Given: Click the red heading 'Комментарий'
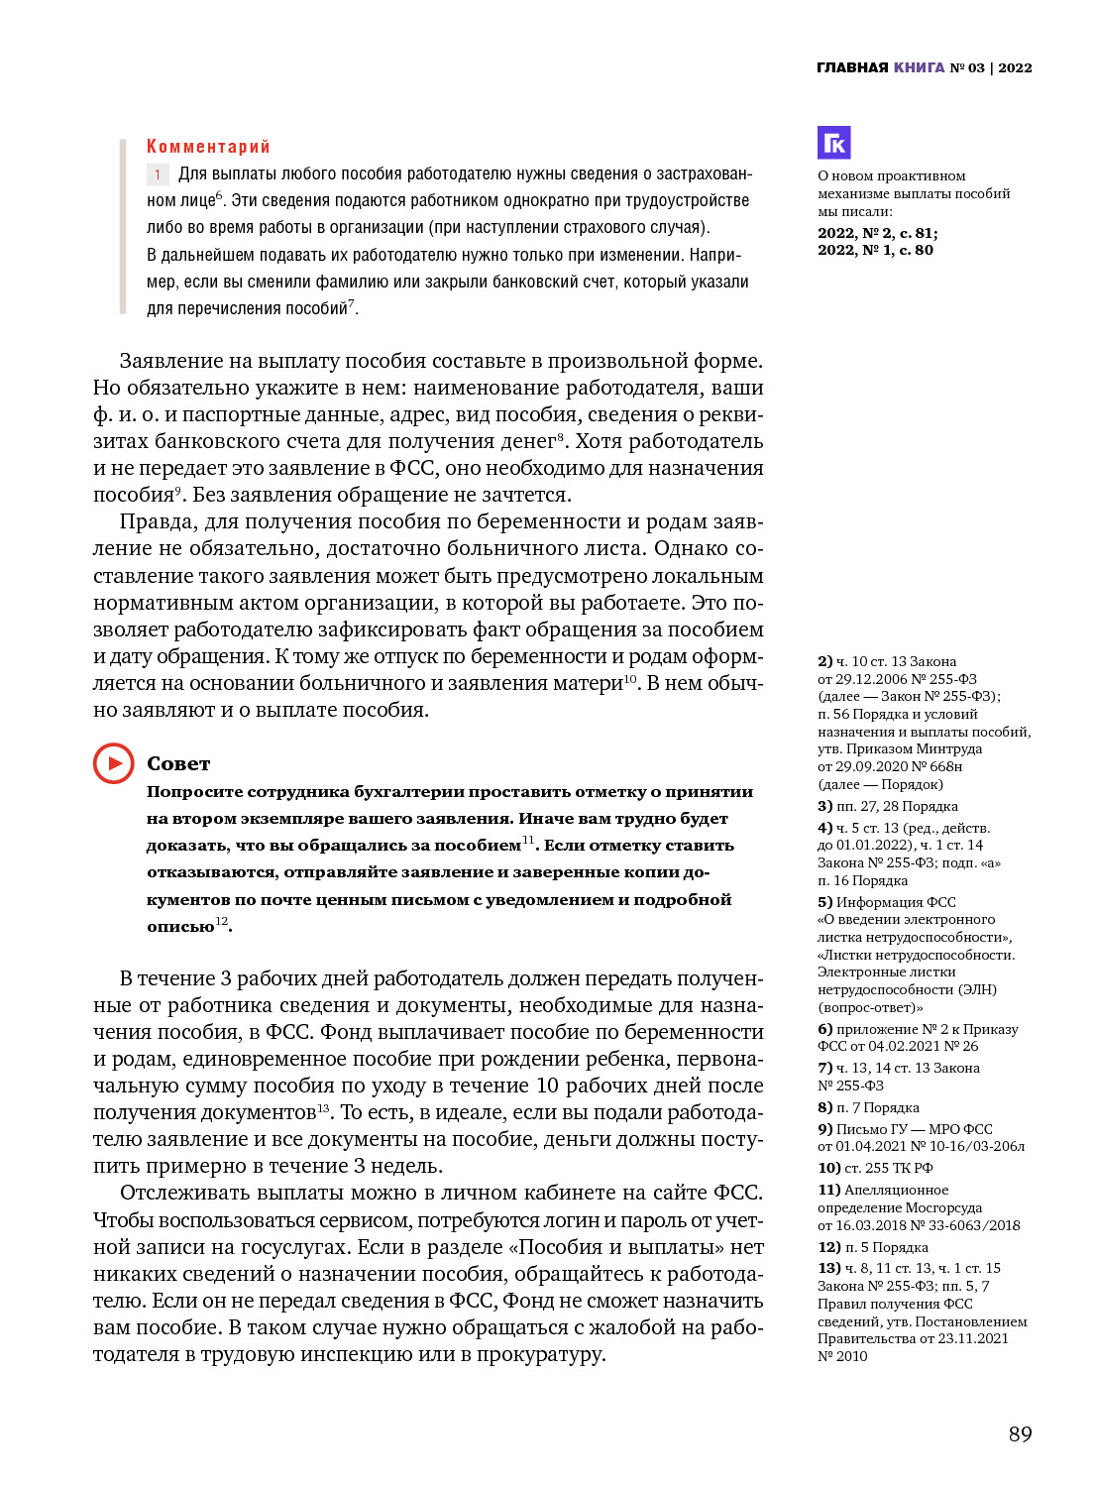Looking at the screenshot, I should tap(208, 147).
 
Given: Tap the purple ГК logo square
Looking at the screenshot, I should tap(833, 143).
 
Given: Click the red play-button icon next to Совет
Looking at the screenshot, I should tap(114, 763).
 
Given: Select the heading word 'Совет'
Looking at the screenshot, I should tap(178, 763).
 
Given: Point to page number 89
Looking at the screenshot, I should tap(1020, 1433).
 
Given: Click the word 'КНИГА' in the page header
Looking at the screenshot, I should tap(919, 67).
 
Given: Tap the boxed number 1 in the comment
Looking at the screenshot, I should tap(158, 174).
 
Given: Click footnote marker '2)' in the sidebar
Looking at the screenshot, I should tap(824, 661).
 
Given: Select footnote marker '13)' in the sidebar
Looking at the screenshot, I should tap(828, 1268).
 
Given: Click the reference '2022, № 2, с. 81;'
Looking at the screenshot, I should tap(877, 233).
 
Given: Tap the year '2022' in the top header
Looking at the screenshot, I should tap(1015, 67).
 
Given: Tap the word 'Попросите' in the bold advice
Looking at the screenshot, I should tap(195, 792).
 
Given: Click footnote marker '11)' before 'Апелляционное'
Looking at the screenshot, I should tap(828, 1190).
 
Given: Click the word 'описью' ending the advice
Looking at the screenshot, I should tap(180, 927).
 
